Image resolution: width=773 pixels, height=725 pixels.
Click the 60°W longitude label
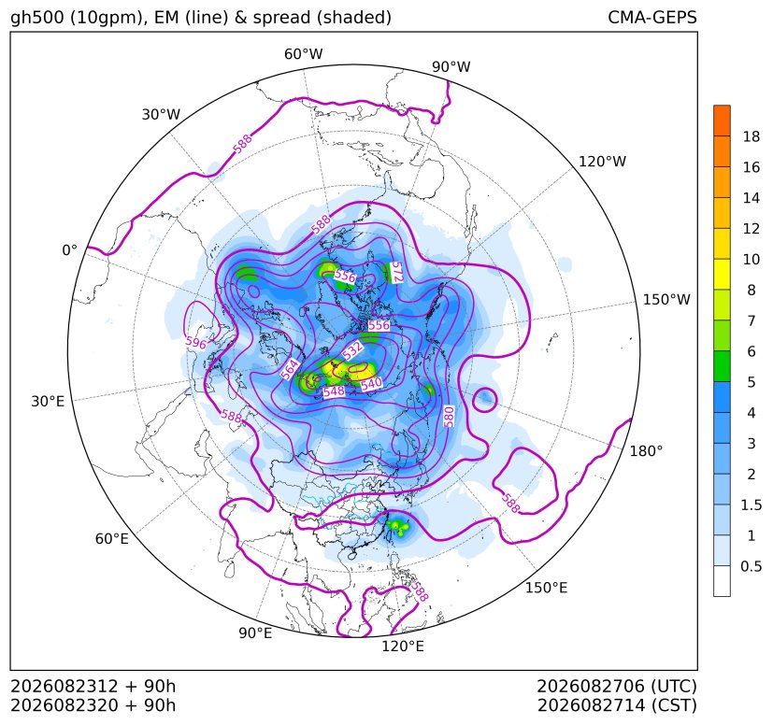pos(303,54)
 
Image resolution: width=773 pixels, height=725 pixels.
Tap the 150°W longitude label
pos(666,300)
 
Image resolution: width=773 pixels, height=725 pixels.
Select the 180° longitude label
pos(646,451)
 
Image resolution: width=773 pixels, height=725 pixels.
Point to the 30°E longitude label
pos(48,401)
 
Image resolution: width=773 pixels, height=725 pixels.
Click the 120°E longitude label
pos(403,647)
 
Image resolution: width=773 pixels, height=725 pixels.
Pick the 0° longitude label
pos(69,250)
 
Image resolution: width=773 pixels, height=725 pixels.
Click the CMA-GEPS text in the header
pos(652,17)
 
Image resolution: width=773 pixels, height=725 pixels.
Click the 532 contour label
pos(353,350)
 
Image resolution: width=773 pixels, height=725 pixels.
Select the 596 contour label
pos(195,342)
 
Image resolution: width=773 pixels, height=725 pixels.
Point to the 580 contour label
pos(449,417)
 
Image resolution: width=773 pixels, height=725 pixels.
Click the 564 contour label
pos(290,370)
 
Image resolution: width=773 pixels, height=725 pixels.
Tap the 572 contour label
pos(396,273)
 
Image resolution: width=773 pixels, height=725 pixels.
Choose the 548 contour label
pos(334,391)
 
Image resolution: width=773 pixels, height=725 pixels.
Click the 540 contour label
pos(371,383)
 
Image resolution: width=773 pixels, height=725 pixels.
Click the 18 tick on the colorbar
pos(752,136)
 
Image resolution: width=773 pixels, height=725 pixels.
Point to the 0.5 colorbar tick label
pos(751,566)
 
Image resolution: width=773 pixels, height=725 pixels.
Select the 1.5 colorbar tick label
pos(751,505)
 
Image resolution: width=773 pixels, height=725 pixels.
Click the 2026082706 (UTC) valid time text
pos(616,687)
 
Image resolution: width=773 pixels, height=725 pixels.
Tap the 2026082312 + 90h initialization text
pos(93,686)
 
